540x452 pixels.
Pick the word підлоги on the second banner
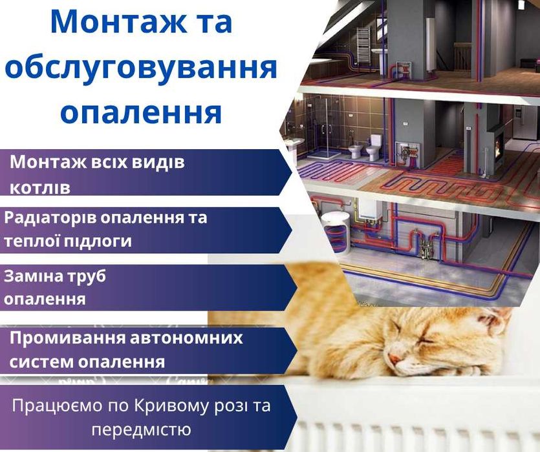[x=100, y=241]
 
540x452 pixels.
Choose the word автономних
[x=188, y=338]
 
